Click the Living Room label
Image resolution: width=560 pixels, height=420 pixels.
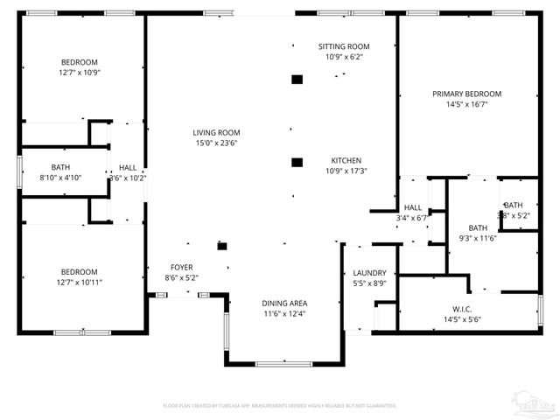tap(216, 132)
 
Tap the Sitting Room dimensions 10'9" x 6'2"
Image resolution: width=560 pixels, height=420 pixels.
tap(343, 57)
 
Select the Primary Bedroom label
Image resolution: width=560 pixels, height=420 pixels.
tap(466, 94)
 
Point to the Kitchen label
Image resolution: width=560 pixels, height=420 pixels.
tap(346, 160)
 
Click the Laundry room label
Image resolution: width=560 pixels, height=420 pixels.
tap(370, 272)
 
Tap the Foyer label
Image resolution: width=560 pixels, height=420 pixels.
tap(181, 267)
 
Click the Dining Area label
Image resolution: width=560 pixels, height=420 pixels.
tap(284, 303)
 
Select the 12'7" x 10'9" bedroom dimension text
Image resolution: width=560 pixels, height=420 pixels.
tap(80, 73)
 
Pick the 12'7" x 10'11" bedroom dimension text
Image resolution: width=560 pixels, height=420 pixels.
tap(80, 282)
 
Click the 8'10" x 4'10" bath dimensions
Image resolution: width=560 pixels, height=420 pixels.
tap(61, 178)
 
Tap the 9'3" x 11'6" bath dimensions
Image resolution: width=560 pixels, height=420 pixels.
tap(478, 238)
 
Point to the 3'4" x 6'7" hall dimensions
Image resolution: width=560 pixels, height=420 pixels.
tap(412, 218)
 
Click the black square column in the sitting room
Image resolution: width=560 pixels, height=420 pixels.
tap(297, 80)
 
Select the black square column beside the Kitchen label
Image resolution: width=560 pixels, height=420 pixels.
tap(297, 162)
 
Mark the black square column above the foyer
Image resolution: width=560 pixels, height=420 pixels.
tap(222, 247)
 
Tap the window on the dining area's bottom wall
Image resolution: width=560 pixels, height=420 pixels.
tap(283, 363)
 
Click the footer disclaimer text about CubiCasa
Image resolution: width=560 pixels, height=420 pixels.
tap(280, 406)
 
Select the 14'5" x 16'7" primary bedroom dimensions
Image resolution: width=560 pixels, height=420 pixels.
tap(466, 104)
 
